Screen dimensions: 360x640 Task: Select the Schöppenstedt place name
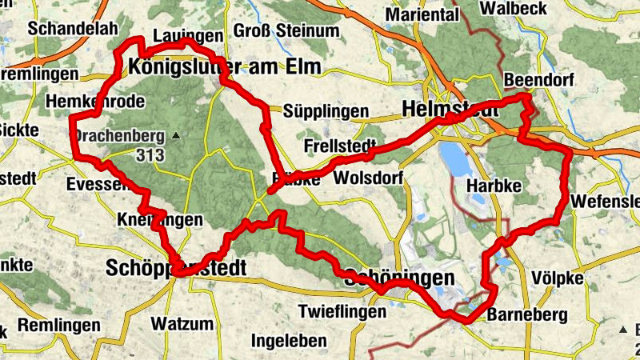(176, 266)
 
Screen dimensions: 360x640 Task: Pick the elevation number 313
(150, 154)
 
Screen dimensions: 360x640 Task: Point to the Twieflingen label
(342, 312)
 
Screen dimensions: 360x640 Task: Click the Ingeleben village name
(289, 342)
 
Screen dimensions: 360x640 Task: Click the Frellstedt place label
(340, 147)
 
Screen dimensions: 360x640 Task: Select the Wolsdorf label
(370, 177)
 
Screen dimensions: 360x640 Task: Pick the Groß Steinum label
(275, 31)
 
